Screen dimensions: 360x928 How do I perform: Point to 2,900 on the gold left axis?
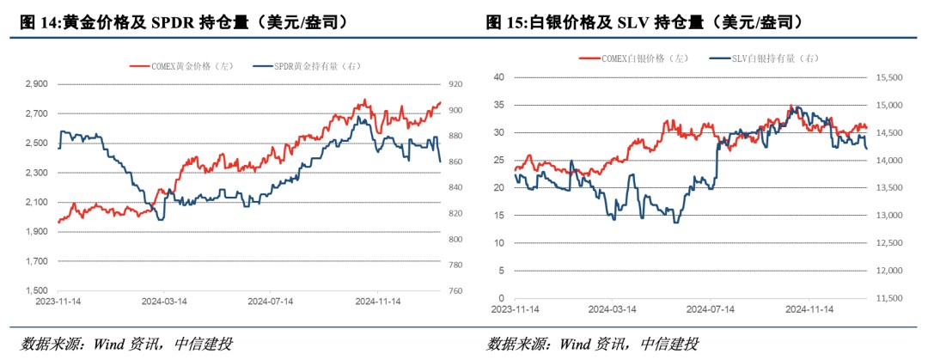point(36,84)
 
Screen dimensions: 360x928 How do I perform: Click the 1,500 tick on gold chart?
point(36,290)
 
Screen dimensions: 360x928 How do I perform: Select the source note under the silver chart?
point(593,345)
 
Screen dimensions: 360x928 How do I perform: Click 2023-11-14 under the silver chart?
point(515,309)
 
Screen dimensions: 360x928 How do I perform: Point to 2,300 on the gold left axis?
point(36,173)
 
